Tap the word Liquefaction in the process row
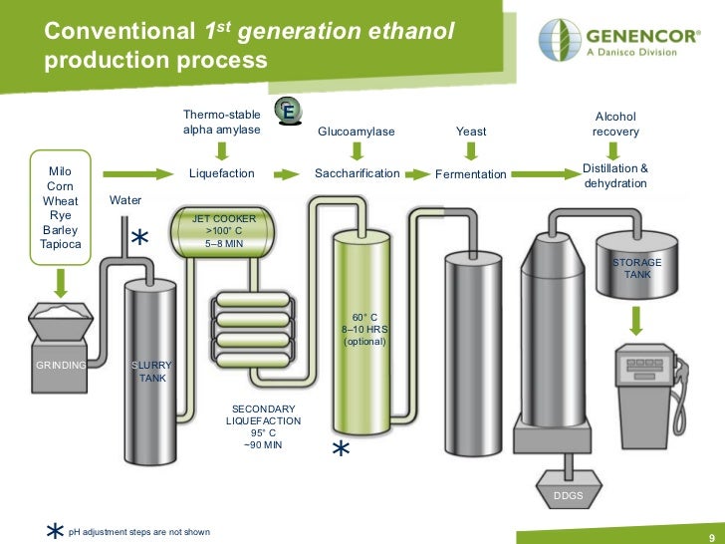tap(222, 173)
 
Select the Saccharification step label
tap(357, 173)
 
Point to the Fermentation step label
tap(471, 174)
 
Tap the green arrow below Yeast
tap(471, 150)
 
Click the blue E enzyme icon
tap(288, 113)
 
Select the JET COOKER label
tap(224, 217)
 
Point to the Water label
tap(125, 200)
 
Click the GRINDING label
tap(61, 366)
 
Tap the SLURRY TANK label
tap(152, 372)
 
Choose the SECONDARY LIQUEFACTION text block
tap(263, 426)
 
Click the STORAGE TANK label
tap(636, 268)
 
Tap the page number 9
tap(711, 535)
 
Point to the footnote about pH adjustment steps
tap(138, 532)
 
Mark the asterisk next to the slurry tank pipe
tap(140, 239)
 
